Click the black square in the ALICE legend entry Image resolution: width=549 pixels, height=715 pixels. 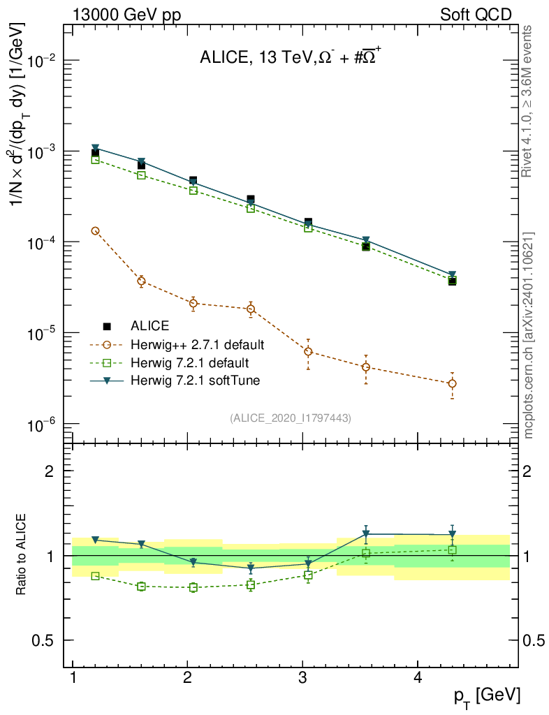[x=107, y=325]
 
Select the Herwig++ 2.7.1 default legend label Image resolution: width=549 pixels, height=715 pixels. [x=197, y=344]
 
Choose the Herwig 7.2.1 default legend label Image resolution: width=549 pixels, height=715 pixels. [x=189, y=362]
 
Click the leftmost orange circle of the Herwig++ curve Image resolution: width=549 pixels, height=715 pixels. [x=96, y=230]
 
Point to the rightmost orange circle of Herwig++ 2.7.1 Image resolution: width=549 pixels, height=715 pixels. [x=453, y=383]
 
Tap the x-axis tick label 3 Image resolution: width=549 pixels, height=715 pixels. [x=302, y=678]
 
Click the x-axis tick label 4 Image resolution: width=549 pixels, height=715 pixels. [x=417, y=678]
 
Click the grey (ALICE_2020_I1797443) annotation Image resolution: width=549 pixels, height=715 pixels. [x=290, y=418]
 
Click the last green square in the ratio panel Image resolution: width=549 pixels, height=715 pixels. [x=453, y=550]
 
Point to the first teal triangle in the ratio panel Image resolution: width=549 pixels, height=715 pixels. [x=96, y=540]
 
